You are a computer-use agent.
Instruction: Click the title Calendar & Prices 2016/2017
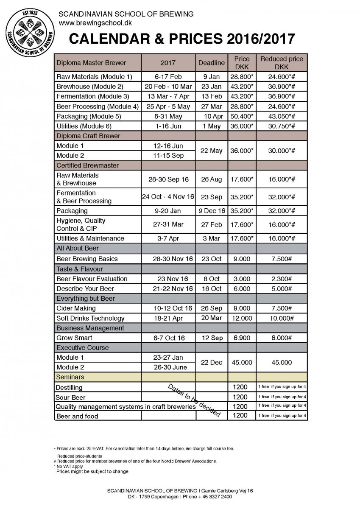[182, 39]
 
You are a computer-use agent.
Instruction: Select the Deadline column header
[211, 63]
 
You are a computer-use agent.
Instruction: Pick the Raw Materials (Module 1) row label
[94, 77]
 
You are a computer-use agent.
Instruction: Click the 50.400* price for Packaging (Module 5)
[241, 116]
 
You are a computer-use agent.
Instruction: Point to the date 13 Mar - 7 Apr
[168, 96]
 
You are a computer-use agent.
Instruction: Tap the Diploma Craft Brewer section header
[88, 136]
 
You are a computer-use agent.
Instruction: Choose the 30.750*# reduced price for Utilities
[282, 126]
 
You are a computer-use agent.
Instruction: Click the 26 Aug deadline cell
[211, 179]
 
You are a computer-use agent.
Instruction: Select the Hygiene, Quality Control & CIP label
[81, 224]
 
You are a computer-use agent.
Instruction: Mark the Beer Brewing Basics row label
[87, 259]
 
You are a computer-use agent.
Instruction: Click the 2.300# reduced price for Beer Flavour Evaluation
[282, 279]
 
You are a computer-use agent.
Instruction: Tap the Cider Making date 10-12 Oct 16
[168, 308]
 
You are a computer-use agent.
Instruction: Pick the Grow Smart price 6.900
[241, 338]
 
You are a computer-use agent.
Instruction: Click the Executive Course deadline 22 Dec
[211, 362]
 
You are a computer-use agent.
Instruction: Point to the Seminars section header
[70, 377]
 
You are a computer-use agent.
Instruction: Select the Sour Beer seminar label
[70, 397]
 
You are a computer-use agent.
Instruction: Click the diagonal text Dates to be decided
[195, 400]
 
